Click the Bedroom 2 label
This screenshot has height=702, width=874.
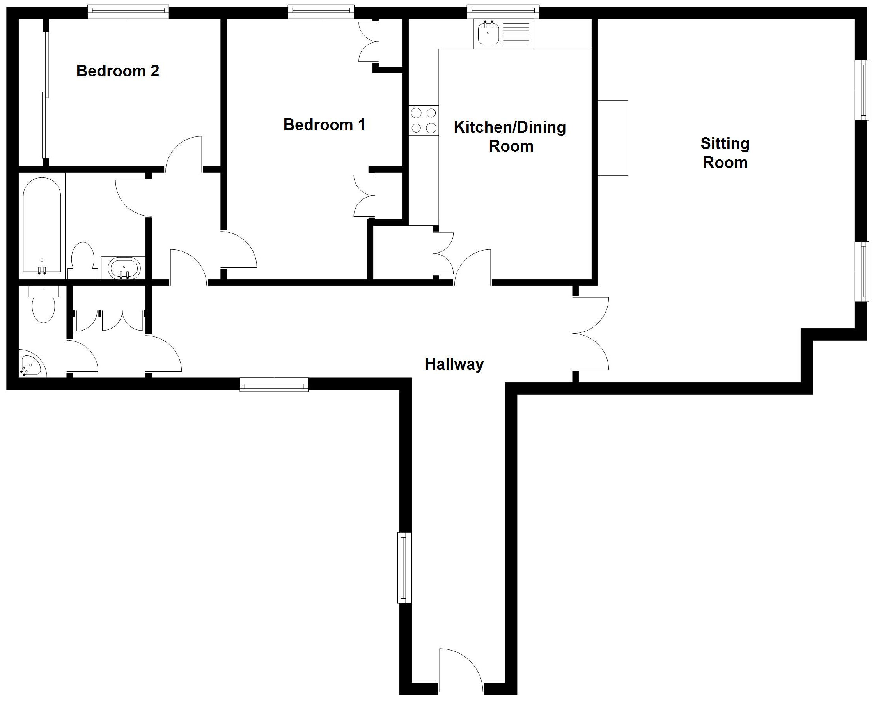click(x=117, y=71)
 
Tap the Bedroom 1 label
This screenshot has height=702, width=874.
click(x=324, y=125)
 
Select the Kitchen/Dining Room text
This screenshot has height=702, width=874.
click(x=510, y=136)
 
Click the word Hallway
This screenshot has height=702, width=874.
click(x=454, y=364)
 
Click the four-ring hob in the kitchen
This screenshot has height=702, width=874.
click(x=424, y=120)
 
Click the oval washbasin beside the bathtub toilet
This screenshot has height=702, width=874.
click(x=124, y=268)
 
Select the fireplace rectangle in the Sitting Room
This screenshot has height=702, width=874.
click(x=613, y=138)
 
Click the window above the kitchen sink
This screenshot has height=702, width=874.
click(x=503, y=12)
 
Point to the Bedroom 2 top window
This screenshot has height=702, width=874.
click(x=128, y=12)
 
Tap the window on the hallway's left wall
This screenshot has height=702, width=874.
click(x=404, y=568)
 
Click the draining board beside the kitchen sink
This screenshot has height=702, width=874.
click(x=516, y=34)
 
